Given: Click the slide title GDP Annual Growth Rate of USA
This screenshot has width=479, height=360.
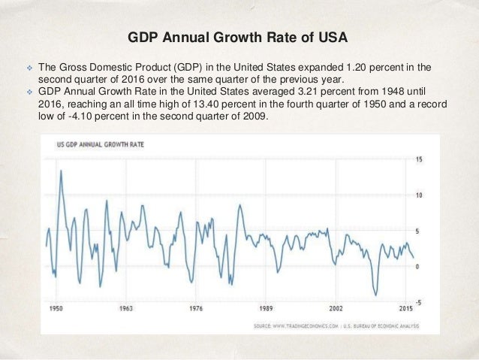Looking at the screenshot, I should tap(239, 37).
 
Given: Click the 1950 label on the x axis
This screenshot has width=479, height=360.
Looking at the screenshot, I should tap(54, 309).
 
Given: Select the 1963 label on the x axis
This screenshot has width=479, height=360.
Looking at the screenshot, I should tap(125, 309).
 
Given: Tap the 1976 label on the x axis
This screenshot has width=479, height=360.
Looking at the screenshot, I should tap(195, 309).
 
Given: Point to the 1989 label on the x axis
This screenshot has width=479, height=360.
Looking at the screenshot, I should tap(265, 309).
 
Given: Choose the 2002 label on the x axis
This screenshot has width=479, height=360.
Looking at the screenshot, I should tap(336, 309).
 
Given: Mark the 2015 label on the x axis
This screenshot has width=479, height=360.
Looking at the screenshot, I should tap(405, 309).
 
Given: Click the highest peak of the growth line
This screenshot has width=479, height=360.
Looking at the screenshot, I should tap(61, 171).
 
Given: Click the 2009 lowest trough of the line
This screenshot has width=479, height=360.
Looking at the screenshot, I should tap(376, 295).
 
